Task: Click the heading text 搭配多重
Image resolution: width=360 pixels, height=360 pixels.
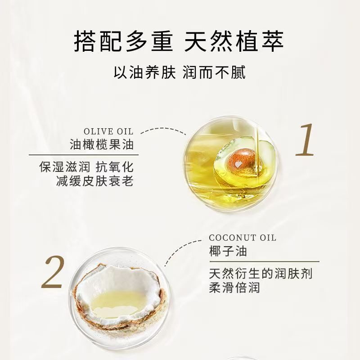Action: [x=123, y=42]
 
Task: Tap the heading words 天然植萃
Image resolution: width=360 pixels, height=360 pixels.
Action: [x=234, y=42]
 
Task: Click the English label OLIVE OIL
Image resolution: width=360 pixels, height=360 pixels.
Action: [x=108, y=131]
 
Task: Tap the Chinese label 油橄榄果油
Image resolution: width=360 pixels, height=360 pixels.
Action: [x=102, y=144]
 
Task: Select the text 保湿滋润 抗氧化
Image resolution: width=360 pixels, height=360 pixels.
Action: [x=86, y=167]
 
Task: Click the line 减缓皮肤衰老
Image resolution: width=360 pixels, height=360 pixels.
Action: [x=95, y=181]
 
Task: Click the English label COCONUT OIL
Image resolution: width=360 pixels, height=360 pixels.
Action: [x=243, y=238]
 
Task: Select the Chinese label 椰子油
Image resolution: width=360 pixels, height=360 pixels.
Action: [x=228, y=251]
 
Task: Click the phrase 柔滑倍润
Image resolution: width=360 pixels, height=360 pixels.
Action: [x=234, y=287]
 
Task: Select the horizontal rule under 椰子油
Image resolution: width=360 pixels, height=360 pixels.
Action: [x=264, y=261]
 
